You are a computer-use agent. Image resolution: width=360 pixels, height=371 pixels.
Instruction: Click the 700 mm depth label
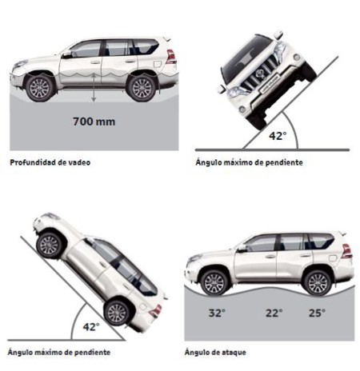tap(94, 122)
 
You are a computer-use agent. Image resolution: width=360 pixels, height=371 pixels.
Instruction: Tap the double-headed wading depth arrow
tap(94, 88)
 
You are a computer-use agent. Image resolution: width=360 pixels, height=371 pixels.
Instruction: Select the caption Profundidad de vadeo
tap(50, 162)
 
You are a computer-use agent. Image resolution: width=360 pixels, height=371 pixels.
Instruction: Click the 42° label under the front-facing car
tap(278, 136)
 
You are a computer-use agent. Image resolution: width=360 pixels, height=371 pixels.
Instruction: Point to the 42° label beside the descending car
tap(91, 326)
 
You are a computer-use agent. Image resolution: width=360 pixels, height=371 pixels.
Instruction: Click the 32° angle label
tap(217, 313)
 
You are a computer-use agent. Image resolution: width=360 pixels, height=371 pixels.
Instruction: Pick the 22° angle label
tap(274, 313)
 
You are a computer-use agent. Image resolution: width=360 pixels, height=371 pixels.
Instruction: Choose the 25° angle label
tap(317, 313)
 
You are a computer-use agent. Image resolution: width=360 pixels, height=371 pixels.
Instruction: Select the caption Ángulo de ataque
tap(215, 352)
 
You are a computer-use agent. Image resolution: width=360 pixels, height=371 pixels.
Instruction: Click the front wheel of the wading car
tap(40, 88)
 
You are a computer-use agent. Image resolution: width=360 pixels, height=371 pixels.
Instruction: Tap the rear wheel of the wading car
tap(142, 88)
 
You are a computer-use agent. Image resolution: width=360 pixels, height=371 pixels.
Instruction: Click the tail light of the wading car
tap(170, 57)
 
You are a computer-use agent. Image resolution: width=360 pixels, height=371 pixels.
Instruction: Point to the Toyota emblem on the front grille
tap(260, 74)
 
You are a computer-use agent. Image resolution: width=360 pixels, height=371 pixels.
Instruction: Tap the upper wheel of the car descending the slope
tap(50, 245)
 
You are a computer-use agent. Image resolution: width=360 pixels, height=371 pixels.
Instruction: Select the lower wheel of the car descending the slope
tap(117, 313)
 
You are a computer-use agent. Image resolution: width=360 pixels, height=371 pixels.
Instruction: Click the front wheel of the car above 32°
tap(214, 283)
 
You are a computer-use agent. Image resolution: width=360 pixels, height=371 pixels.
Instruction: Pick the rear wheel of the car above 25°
tap(318, 283)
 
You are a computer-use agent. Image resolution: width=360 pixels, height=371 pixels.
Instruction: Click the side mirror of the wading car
tap(67, 54)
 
